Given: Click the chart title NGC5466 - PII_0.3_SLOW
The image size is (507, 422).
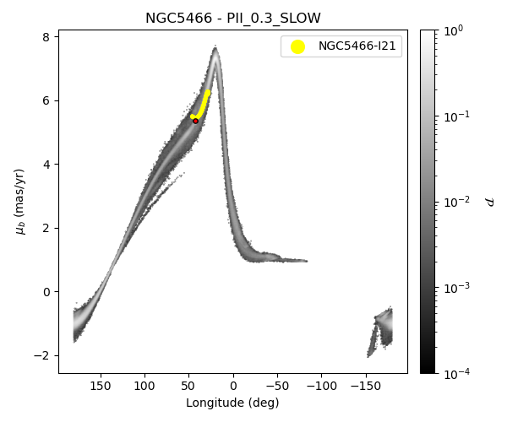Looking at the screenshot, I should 233,19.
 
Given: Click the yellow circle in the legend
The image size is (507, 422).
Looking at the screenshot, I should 297,46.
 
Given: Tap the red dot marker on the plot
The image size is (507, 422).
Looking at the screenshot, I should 195,121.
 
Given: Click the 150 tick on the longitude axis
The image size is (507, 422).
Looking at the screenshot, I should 101,385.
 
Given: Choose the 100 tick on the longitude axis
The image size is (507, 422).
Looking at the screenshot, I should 144,385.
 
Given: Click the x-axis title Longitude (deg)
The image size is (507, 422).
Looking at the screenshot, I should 232,403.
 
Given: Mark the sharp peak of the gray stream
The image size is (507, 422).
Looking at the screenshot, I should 215,49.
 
